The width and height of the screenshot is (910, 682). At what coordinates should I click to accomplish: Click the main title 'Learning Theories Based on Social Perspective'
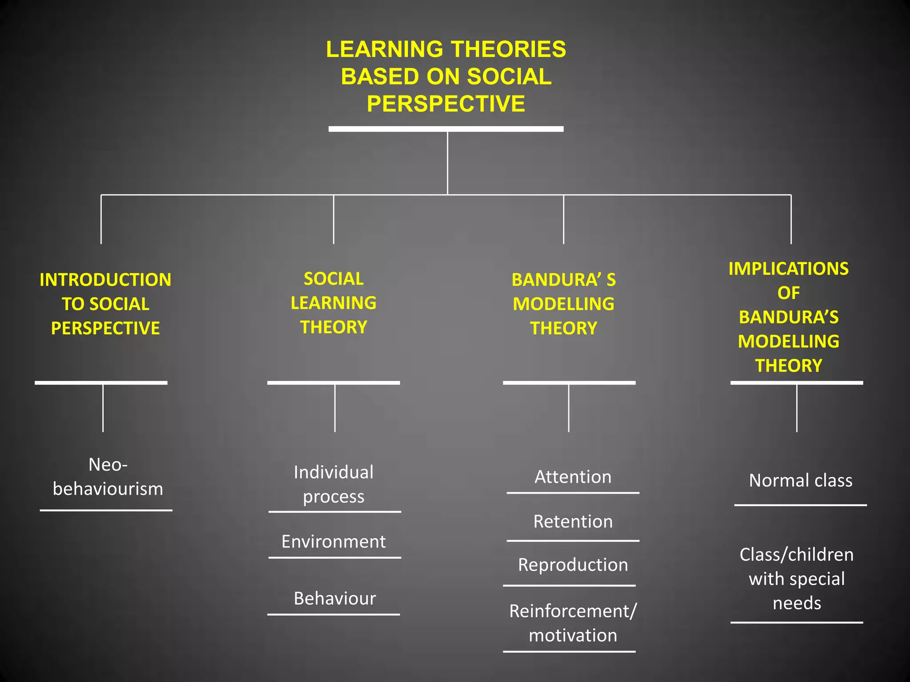[x=446, y=76]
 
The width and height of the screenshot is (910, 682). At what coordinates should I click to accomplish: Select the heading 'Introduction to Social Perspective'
[x=105, y=304]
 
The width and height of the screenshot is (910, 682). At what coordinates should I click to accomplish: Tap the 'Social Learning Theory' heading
[x=334, y=303]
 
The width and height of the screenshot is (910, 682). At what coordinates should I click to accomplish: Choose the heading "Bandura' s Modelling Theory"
[x=563, y=304]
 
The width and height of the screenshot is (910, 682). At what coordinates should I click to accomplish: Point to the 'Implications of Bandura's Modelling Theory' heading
[x=789, y=317]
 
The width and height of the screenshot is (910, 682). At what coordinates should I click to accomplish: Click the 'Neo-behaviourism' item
[x=108, y=477]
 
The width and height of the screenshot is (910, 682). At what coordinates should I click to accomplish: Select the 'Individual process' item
[x=334, y=484]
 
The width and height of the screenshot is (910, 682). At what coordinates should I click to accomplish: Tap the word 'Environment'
[x=334, y=542]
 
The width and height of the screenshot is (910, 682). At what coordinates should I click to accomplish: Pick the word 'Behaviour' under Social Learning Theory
[x=335, y=599]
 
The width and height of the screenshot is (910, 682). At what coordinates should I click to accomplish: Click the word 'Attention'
[x=573, y=477]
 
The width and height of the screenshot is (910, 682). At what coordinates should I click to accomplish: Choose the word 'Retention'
[x=573, y=521]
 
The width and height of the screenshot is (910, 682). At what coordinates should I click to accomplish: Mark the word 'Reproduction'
[x=573, y=565]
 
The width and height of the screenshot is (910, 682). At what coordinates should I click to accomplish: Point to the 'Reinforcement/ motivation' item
[x=573, y=623]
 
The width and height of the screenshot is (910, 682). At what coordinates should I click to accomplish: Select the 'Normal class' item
[x=801, y=480]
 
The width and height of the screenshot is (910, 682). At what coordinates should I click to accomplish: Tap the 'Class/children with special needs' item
[x=797, y=579]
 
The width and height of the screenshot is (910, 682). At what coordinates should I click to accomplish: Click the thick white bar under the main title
[x=446, y=129]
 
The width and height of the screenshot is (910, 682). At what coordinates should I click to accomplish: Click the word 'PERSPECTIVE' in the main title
[x=446, y=104]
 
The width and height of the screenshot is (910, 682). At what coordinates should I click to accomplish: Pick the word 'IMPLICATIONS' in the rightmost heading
[x=789, y=269]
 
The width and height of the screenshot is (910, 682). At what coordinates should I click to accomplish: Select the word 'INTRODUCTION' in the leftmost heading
[x=105, y=280]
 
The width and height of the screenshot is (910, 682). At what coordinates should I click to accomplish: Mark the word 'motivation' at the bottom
[x=573, y=635]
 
